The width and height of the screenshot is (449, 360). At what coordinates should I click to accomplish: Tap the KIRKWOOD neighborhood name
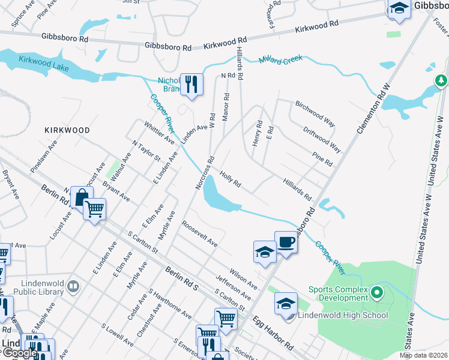(67, 130)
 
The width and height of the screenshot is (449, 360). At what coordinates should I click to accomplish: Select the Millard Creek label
(282, 61)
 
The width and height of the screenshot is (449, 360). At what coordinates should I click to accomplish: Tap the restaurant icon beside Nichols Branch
(191, 84)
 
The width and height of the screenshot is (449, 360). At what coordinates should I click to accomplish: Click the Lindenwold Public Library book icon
(73, 287)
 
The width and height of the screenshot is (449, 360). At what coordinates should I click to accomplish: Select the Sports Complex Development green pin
(377, 293)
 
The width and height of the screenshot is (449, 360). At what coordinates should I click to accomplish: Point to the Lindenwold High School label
(336, 315)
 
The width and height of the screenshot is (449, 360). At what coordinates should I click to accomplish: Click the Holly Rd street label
(230, 178)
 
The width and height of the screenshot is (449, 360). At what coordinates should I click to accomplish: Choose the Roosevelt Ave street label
(199, 233)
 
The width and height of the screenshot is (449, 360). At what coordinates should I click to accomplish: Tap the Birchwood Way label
(315, 113)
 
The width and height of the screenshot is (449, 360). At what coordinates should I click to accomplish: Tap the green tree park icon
(441, 80)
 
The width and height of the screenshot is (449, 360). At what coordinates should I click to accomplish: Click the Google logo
(20, 353)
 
